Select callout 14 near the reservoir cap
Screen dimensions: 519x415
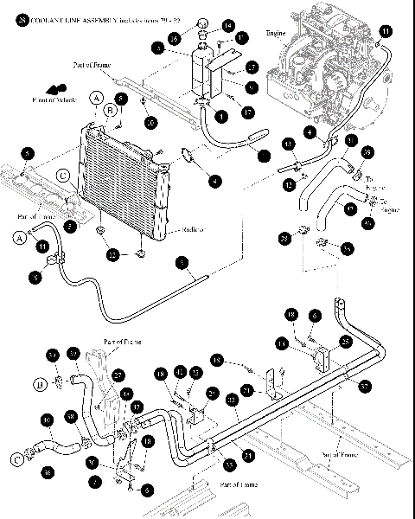click(204, 26)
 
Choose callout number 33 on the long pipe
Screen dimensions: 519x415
click(232, 400)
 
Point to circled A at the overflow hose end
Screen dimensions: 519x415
click(18, 236)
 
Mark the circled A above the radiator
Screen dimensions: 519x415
click(97, 96)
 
